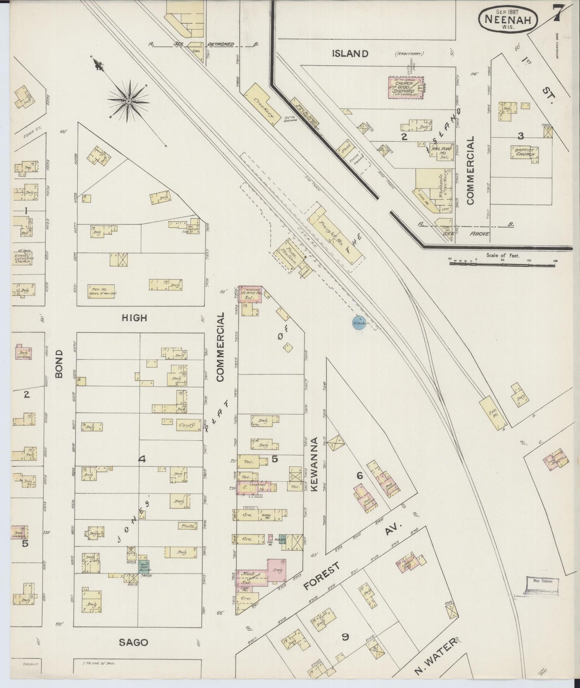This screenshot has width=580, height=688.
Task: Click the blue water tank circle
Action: click(x=359, y=323)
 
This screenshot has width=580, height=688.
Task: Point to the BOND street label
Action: click(x=59, y=364)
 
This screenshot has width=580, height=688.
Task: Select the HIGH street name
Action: click(x=134, y=318)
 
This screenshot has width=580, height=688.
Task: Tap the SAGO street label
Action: click(x=134, y=643)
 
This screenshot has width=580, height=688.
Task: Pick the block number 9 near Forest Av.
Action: click(x=344, y=637)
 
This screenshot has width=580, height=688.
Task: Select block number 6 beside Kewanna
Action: click(x=360, y=476)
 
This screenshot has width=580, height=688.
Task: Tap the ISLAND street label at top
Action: click(x=350, y=53)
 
